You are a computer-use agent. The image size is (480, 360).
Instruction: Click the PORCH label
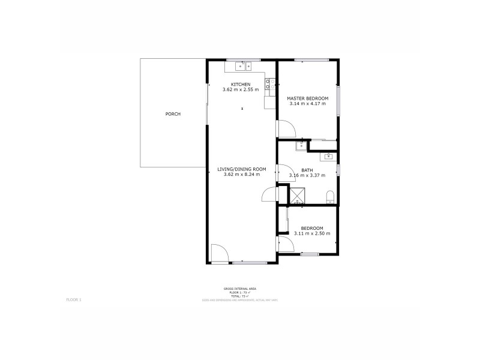click(173, 114)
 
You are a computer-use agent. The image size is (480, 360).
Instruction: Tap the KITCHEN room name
click(241, 84)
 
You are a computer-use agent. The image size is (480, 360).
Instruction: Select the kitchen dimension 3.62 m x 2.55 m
click(241, 89)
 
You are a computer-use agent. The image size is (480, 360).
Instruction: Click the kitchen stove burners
click(271, 84)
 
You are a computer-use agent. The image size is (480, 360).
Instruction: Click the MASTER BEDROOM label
click(307, 98)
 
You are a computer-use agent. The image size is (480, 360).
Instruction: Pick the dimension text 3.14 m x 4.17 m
click(307, 104)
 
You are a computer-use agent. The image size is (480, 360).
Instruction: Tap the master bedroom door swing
click(284, 128)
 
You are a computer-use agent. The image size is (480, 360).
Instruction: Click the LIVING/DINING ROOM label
click(241, 169)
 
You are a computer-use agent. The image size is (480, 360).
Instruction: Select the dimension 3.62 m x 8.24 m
click(241, 175)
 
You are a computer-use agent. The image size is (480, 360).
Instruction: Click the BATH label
click(307, 170)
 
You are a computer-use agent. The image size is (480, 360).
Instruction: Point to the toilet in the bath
click(329, 197)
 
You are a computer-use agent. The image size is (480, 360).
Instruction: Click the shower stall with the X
click(297, 196)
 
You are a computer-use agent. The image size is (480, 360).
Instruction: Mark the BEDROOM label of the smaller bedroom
click(312, 228)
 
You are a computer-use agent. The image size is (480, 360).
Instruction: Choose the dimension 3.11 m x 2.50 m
click(312, 233)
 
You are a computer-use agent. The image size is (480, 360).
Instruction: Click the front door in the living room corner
click(220, 253)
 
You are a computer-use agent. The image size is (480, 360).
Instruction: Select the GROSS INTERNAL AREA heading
click(240, 289)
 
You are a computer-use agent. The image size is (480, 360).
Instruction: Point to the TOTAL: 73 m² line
click(240, 296)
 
